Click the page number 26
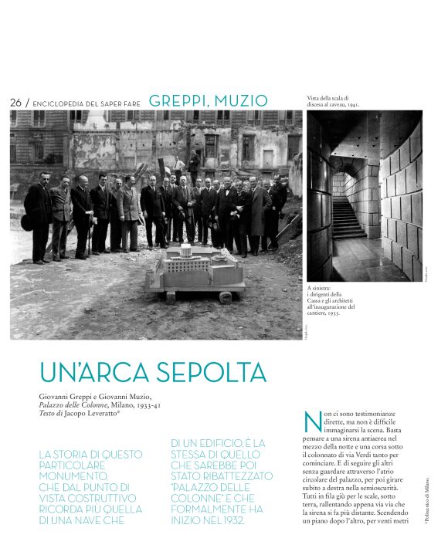click(x=15, y=103)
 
